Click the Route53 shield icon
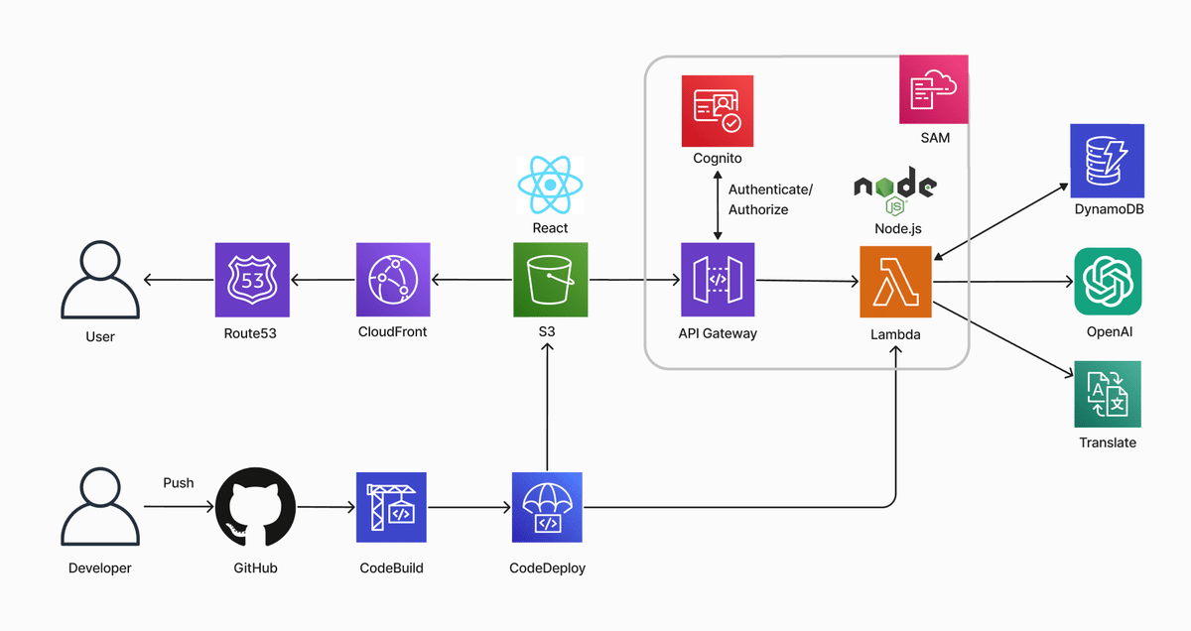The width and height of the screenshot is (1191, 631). click(252, 280)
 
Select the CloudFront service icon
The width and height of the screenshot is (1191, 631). click(393, 280)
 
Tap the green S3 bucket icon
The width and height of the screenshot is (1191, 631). click(550, 280)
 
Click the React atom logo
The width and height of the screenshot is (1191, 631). click(550, 185)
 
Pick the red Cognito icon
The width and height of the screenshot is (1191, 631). click(718, 111)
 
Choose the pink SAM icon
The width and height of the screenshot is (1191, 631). click(934, 89)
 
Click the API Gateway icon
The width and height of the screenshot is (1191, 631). click(718, 280)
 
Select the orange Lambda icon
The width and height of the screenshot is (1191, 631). click(895, 282)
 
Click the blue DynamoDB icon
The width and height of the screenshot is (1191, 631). click(1107, 161)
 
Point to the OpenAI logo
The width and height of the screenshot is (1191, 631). click(1108, 281)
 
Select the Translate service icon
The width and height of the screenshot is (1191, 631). click(1108, 394)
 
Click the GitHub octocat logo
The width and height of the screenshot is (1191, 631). click(255, 507)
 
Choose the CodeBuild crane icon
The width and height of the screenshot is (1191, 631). click(391, 507)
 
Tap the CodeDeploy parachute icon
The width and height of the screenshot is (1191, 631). click(547, 507)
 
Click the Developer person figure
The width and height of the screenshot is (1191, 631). click(100, 507)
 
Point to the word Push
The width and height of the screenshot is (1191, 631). click(178, 483)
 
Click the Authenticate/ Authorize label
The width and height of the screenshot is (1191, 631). click(770, 199)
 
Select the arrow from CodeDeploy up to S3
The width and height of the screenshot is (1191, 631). click(547, 407)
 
